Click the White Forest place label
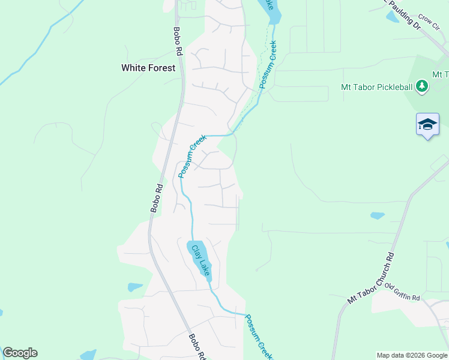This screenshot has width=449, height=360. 148,68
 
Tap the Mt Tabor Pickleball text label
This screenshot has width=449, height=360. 376,87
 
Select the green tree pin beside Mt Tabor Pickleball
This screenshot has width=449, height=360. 423,87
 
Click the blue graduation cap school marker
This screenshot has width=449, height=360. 427,124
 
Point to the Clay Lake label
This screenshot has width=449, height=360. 201,260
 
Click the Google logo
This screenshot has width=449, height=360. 20,353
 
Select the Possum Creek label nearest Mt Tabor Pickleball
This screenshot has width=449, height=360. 268,65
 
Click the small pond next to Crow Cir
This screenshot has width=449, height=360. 393,17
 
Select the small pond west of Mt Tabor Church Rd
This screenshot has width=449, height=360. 377,215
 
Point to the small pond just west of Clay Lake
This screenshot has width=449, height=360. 135,287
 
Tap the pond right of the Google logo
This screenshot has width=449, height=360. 88,355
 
